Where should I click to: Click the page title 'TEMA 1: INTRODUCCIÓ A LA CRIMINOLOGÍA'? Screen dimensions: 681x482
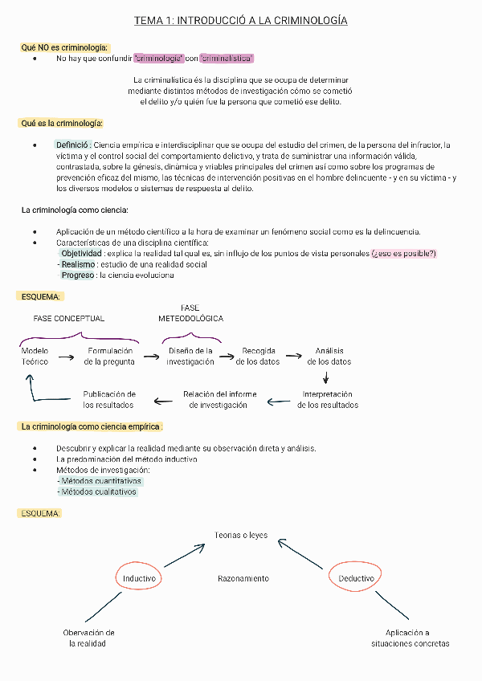tap(240, 20)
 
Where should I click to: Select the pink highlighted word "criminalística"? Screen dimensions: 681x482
tap(227, 59)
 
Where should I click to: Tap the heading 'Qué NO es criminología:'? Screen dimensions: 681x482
tap(64, 47)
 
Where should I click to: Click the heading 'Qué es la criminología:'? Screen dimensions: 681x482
tap(62, 123)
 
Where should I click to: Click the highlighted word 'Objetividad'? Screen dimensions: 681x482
tap(81, 254)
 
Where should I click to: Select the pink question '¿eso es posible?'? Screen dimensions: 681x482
tap(403, 254)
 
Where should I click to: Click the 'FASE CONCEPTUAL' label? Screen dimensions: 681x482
tap(68, 318)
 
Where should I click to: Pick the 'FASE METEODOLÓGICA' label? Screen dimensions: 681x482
tap(190, 313)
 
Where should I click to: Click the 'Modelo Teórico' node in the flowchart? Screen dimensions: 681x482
tap(35, 357)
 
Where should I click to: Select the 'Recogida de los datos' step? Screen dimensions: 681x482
tap(258, 357)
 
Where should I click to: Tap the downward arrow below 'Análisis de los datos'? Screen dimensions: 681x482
tap(325, 377)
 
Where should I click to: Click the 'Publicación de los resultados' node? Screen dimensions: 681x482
tap(109, 400)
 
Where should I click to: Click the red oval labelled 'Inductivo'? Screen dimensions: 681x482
tap(140, 578)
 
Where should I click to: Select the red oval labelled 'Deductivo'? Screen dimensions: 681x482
tap(356, 578)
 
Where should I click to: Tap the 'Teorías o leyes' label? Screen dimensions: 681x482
tap(241, 535)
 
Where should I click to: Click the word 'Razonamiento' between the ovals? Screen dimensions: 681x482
tap(243, 578)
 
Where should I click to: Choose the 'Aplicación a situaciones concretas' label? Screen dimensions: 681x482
tap(410, 638)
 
